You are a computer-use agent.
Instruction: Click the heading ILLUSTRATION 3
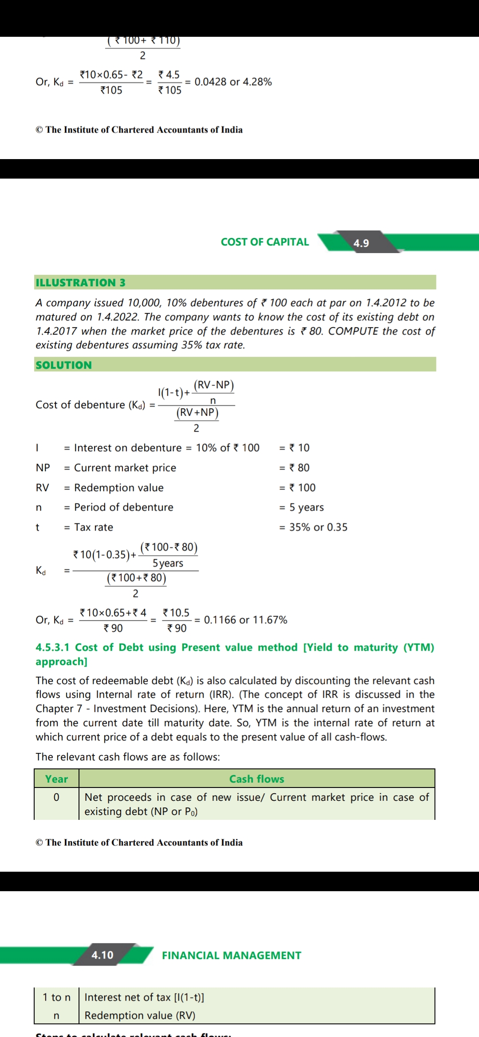point(80,282)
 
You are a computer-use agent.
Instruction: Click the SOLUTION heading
point(64,365)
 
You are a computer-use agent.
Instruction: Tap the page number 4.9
point(361,243)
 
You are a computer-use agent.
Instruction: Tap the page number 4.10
point(102,955)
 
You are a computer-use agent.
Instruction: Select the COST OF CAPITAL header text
point(265,242)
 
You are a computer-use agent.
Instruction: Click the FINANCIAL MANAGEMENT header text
point(232,955)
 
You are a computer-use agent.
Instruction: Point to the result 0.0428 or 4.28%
point(233,82)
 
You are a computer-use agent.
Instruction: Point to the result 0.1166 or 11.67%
point(245,620)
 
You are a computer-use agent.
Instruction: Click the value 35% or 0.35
point(318,527)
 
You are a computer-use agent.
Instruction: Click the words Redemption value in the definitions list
point(119,487)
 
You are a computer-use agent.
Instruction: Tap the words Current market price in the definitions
point(125,468)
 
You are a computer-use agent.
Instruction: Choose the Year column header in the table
point(56,779)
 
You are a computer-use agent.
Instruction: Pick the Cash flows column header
point(256,779)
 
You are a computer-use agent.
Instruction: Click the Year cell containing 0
point(56,797)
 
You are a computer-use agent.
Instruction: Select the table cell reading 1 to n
point(56,997)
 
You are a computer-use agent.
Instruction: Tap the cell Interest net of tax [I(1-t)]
point(144,997)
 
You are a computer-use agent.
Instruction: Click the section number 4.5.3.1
point(52,647)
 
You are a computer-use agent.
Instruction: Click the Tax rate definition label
point(94,527)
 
